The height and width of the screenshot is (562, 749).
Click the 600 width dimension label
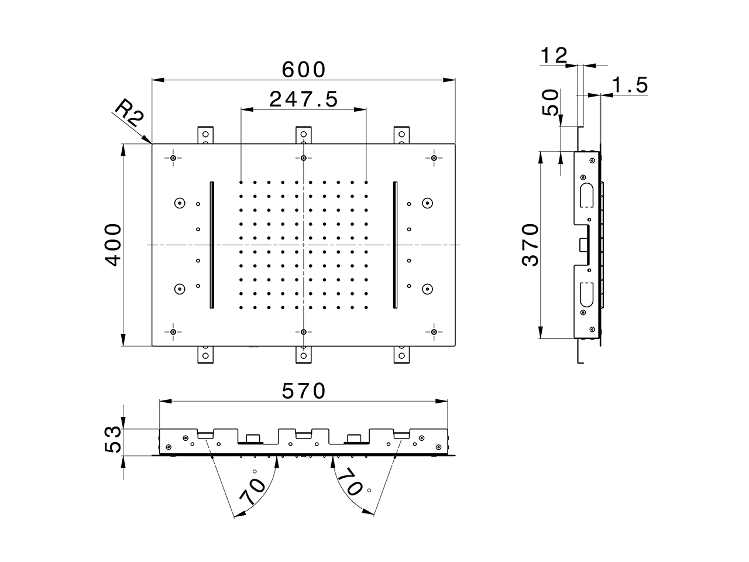[x=303, y=70]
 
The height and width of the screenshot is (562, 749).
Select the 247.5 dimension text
[x=303, y=100]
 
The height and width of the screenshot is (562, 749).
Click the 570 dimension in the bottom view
[x=303, y=390]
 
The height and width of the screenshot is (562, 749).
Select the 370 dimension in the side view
[x=530, y=245]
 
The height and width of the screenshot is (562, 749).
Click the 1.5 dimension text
[x=629, y=85]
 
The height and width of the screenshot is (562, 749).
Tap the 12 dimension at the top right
[x=553, y=56]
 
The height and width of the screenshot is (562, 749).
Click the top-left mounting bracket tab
[x=205, y=135]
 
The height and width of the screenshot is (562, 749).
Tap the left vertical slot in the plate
[x=212, y=244]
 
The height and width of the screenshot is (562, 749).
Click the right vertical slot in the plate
[x=395, y=244]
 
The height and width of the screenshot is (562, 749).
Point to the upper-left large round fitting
[x=179, y=203]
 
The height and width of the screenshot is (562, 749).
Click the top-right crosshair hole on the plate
[x=434, y=158]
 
